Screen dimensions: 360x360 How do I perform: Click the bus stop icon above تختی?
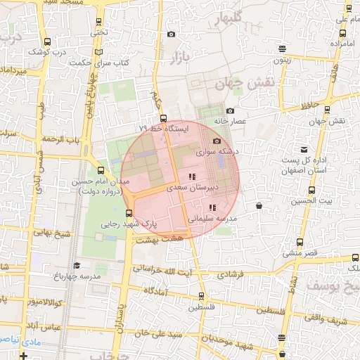[x=98, y=22]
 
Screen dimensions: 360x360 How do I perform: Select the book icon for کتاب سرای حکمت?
[x=98, y=53]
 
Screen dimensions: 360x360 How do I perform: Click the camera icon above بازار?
[x=171, y=34]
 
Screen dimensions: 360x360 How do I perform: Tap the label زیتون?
[x=282, y=60]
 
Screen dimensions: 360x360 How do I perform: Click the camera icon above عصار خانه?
[x=230, y=110]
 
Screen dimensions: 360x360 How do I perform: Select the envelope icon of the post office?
[x=304, y=150]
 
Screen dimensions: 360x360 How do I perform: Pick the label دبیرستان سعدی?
[x=193, y=188]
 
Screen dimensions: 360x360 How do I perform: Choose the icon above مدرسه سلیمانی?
[x=212, y=207]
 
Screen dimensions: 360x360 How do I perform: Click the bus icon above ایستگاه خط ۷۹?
[x=163, y=118]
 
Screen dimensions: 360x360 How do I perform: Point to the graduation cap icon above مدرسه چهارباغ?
[x=76, y=265]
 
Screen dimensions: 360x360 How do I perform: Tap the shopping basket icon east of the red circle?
[x=259, y=206]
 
